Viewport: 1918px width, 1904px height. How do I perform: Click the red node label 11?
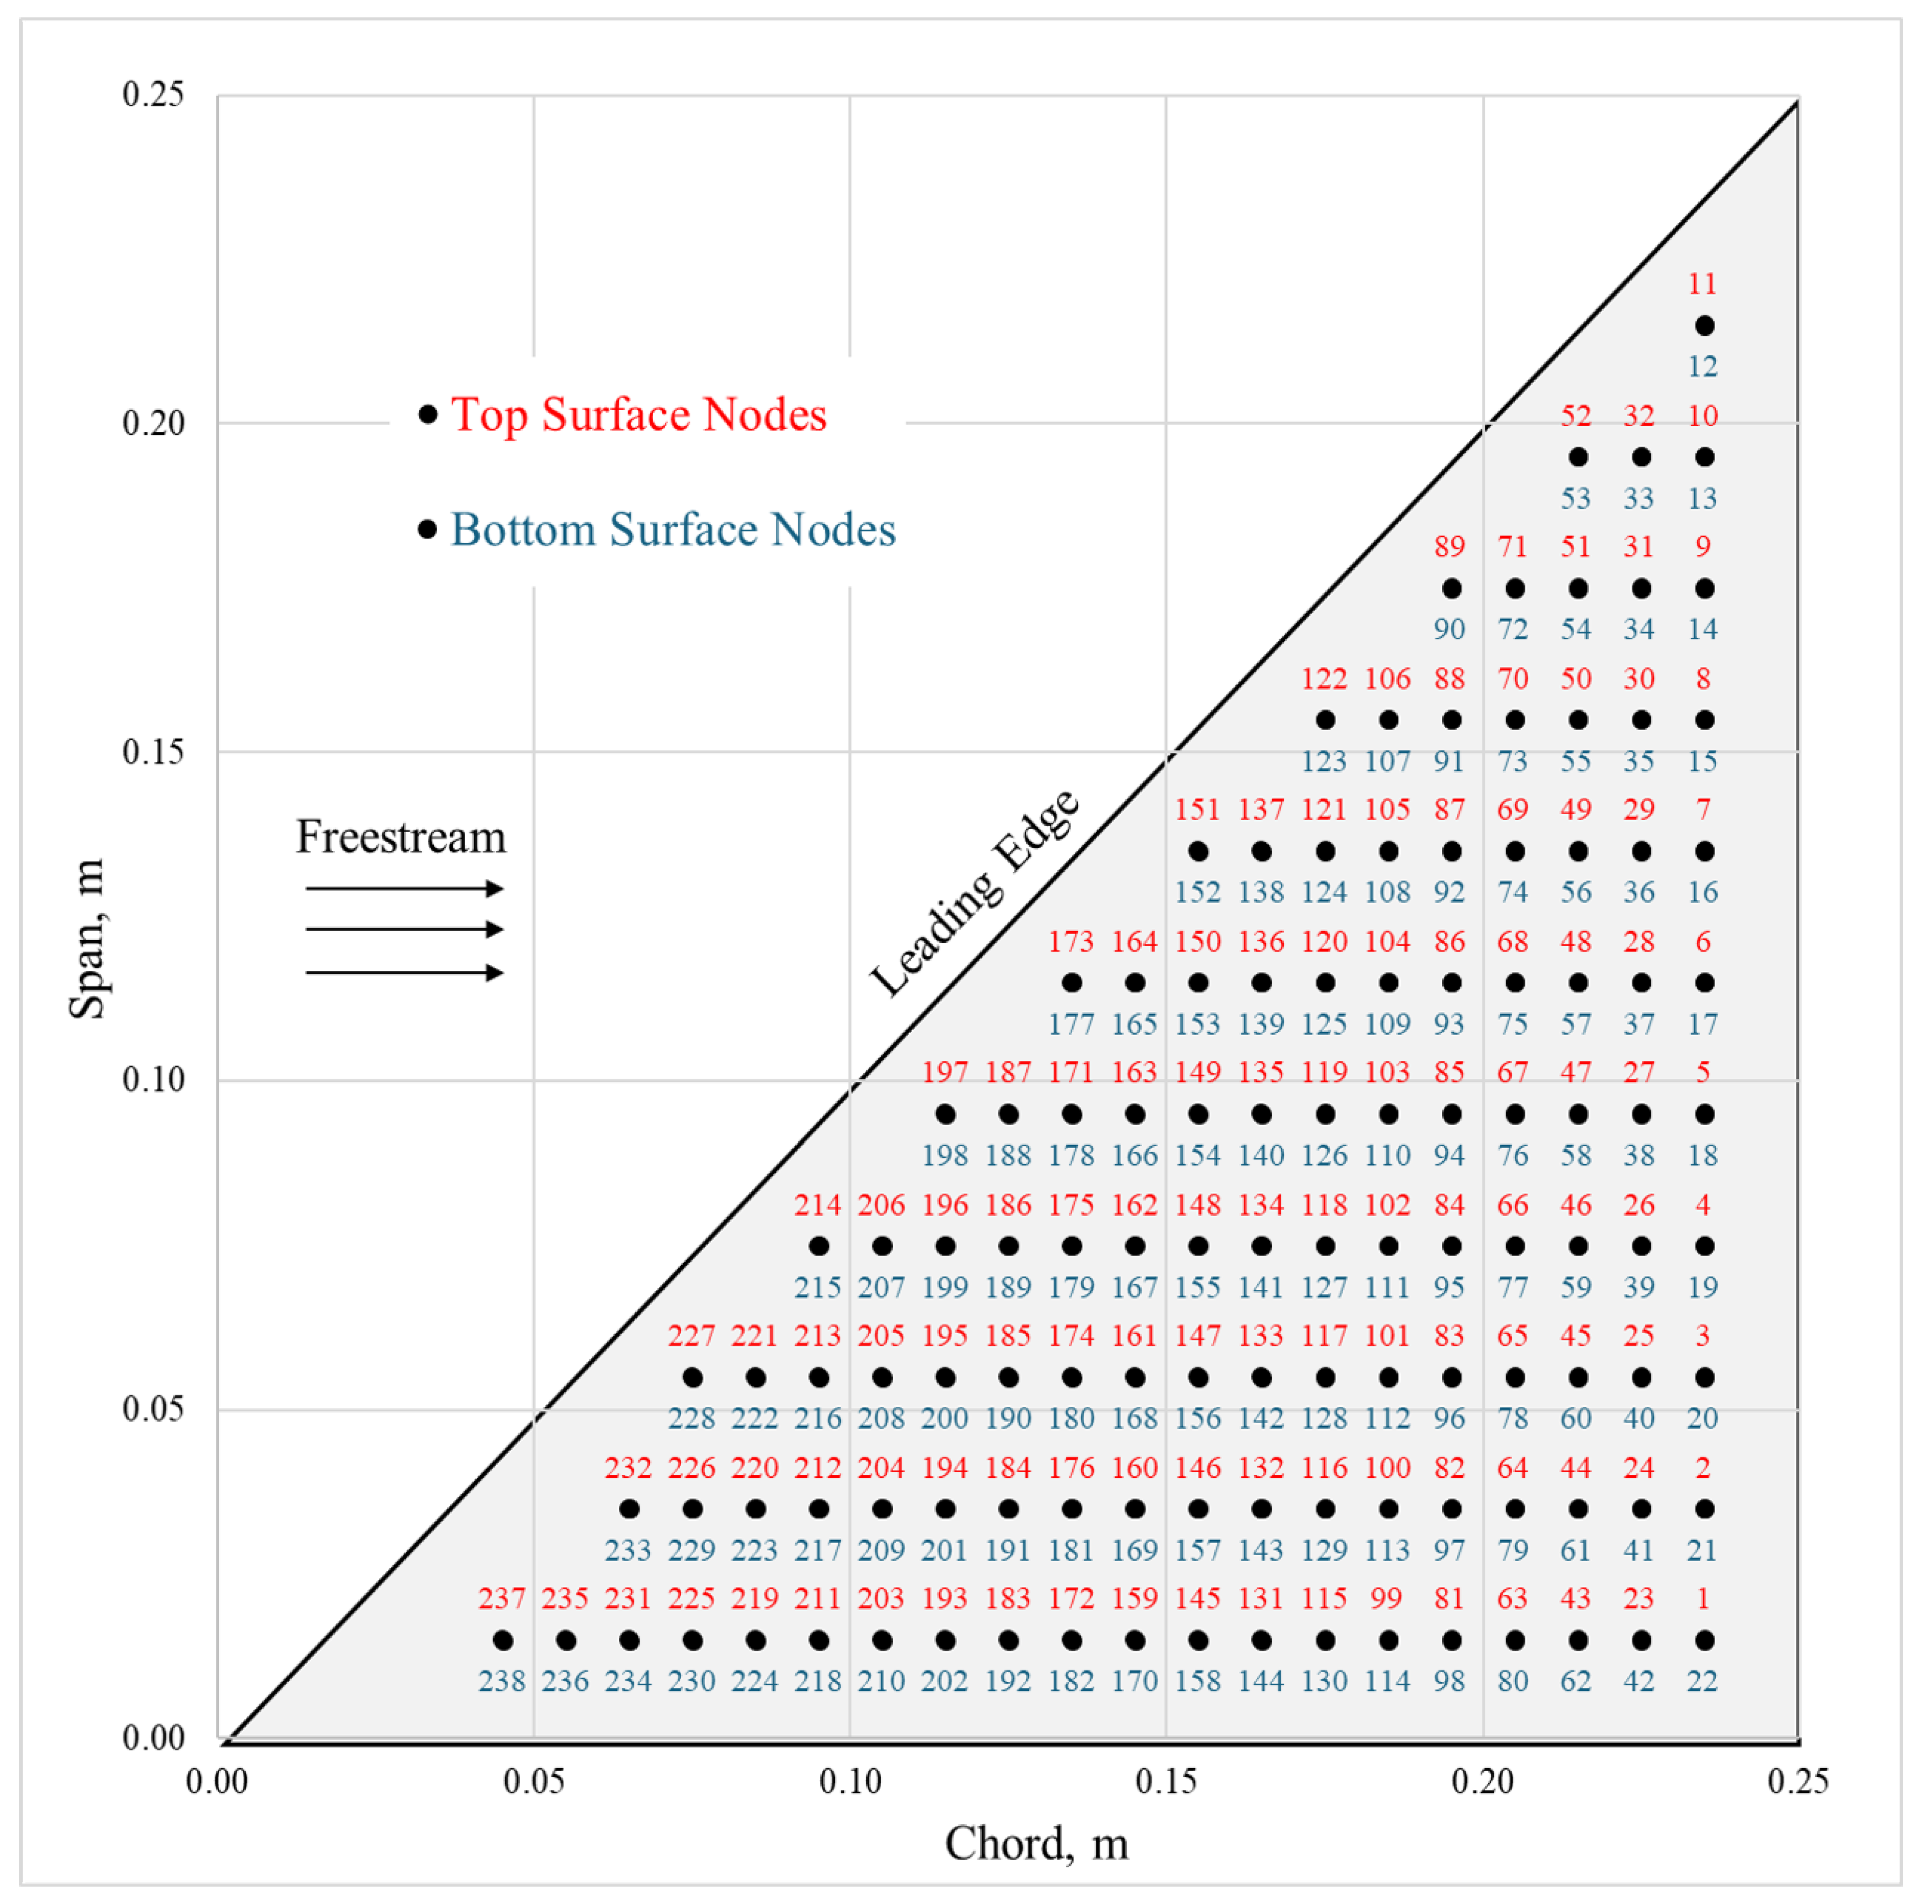coord(1702,284)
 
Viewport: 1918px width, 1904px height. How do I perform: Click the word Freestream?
coord(401,837)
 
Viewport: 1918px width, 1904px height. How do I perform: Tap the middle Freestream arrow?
coord(404,929)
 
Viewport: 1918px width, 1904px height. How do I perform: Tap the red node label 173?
coord(1071,941)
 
